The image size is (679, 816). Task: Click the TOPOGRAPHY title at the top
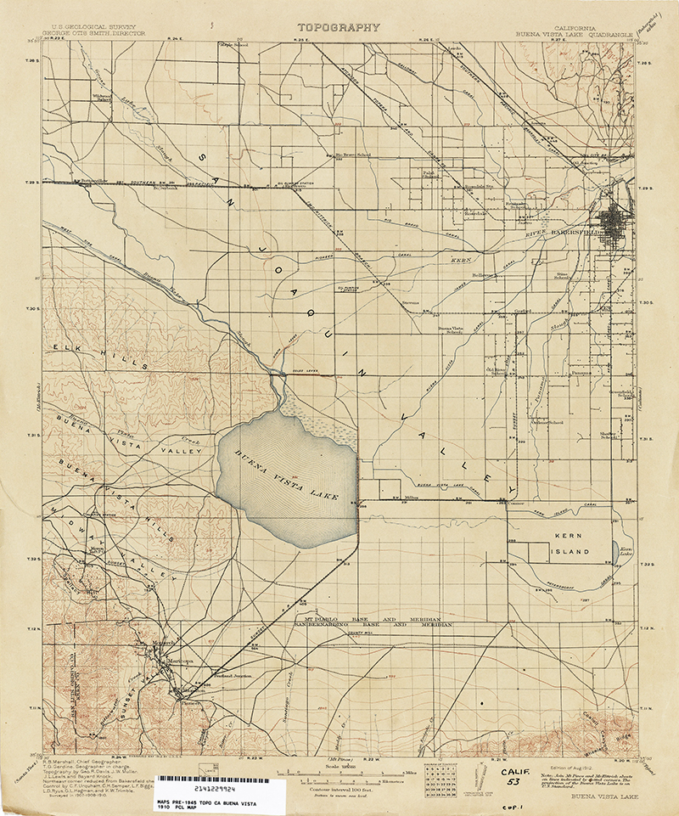[x=338, y=27]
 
